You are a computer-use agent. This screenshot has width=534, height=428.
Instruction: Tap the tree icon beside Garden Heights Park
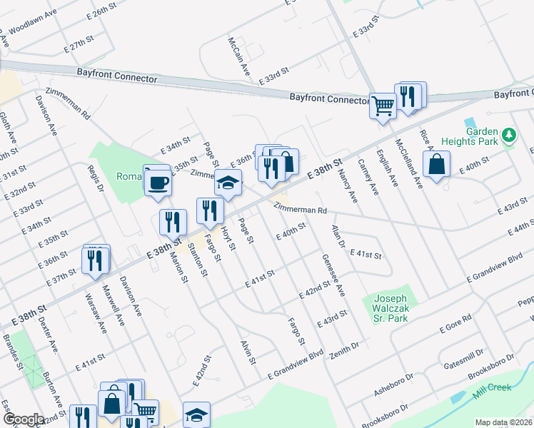508,135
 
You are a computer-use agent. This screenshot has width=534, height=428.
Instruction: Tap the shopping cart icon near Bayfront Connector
383,106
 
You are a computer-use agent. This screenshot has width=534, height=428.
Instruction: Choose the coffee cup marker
158,181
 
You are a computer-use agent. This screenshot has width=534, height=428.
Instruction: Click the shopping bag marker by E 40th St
435,165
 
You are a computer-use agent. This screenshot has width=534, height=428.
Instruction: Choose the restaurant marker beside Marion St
171,223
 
